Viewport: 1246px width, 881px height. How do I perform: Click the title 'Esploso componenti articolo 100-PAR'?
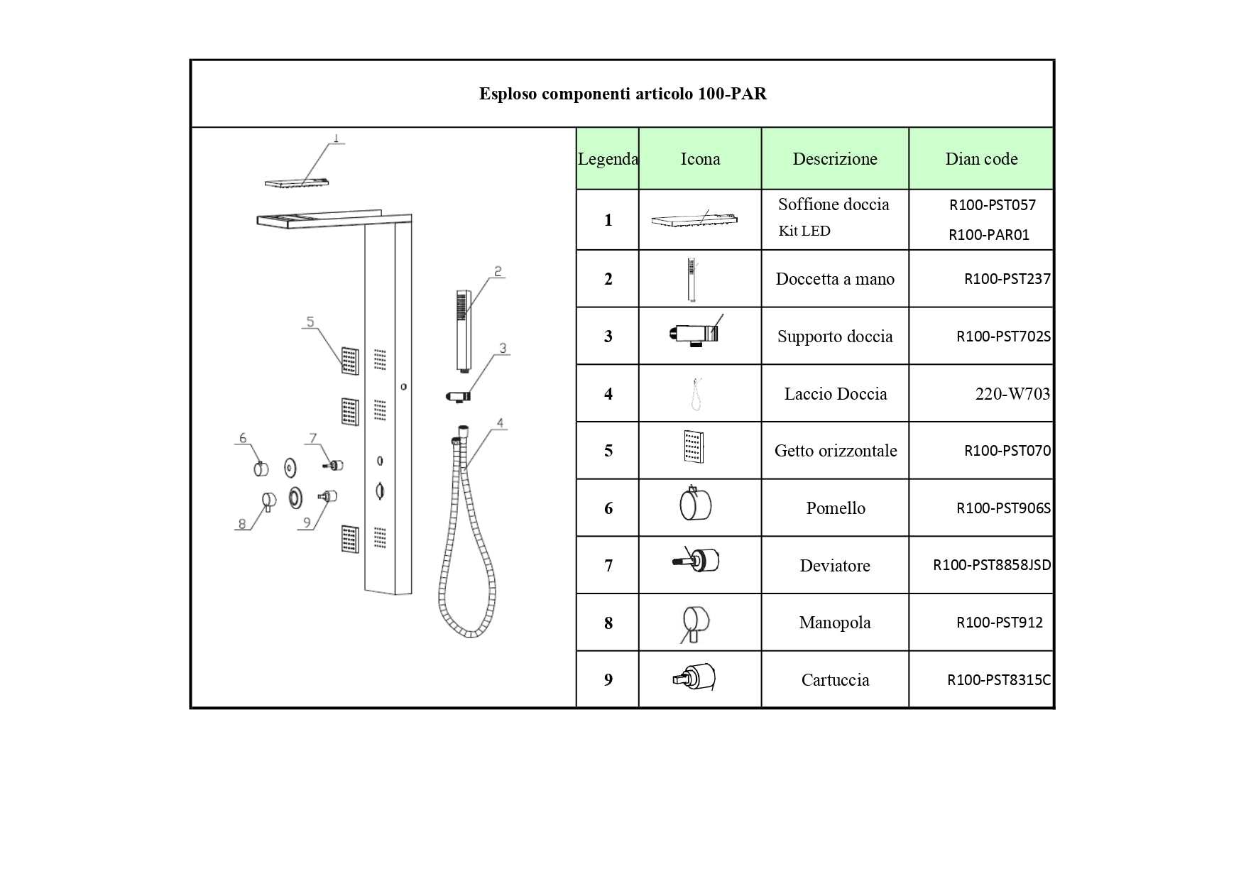623,94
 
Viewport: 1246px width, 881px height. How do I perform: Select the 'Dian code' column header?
981,159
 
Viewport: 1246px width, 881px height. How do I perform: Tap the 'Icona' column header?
700,159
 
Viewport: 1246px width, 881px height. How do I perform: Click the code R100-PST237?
1007,279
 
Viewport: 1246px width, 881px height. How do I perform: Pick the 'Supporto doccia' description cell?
835,336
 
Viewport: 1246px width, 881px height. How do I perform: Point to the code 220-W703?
1012,394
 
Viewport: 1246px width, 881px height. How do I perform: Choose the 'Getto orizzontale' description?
836,451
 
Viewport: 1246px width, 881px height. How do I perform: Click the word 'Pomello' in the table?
836,508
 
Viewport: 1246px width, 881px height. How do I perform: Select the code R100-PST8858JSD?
992,565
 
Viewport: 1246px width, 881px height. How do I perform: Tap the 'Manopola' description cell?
835,623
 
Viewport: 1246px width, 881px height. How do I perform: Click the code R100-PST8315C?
999,680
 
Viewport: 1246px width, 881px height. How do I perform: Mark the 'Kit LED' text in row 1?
804,231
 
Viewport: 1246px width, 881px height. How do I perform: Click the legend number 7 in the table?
608,566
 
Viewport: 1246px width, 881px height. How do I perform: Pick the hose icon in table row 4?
696,393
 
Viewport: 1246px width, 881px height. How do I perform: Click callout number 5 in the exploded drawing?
310,322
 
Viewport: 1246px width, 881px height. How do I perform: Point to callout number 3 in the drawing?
503,349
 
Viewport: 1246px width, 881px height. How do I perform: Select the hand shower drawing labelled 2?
464,331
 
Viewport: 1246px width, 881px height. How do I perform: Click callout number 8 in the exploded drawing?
242,524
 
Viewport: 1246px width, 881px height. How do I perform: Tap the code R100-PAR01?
989,235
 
